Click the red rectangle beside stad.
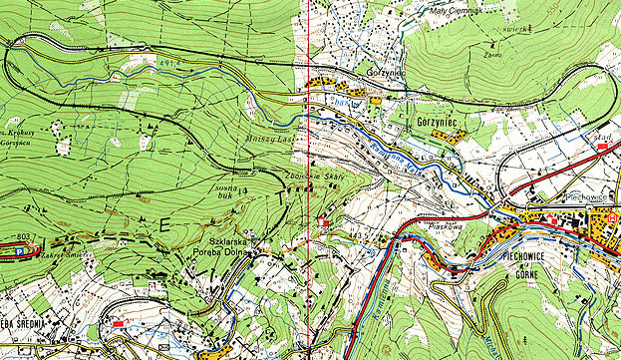click(x=602, y=147)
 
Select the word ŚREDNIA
click(x=31, y=328)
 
